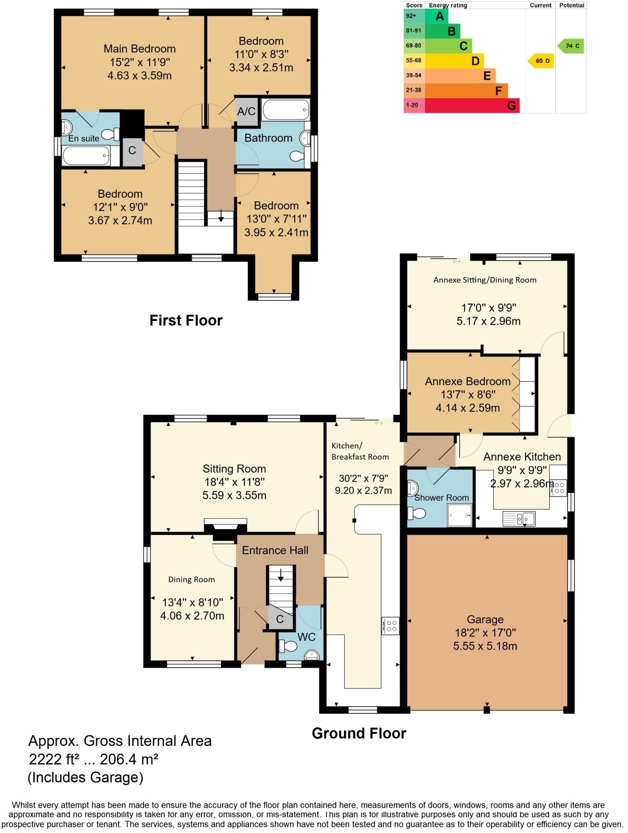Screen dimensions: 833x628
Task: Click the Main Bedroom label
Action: [x=140, y=49]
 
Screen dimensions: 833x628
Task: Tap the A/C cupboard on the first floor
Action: [x=246, y=111]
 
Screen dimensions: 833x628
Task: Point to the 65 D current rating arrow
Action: [x=541, y=61]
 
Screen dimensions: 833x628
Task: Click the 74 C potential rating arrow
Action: [x=571, y=46]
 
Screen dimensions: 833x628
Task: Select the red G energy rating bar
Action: [x=472, y=105]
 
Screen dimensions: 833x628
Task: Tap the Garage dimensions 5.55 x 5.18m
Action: [x=485, y=646]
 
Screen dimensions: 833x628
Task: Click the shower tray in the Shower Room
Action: [x=460, y=515]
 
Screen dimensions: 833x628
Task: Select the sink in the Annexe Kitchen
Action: [x=519, y=519]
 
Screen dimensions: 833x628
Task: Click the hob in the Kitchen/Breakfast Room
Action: [x=391, y=626]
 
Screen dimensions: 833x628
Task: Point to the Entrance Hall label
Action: [x=275, y=550]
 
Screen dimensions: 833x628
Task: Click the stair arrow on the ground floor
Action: [x=281, y=575]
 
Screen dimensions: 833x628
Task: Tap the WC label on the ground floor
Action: [x=306, y=637]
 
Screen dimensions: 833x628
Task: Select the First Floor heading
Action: [x=186, y=321]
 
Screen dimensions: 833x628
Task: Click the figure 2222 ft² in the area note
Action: [x=51, y=759]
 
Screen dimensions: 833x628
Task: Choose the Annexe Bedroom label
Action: [x=468, y=382]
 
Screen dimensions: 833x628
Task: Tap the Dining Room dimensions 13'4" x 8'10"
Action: [x=192, y=602]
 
